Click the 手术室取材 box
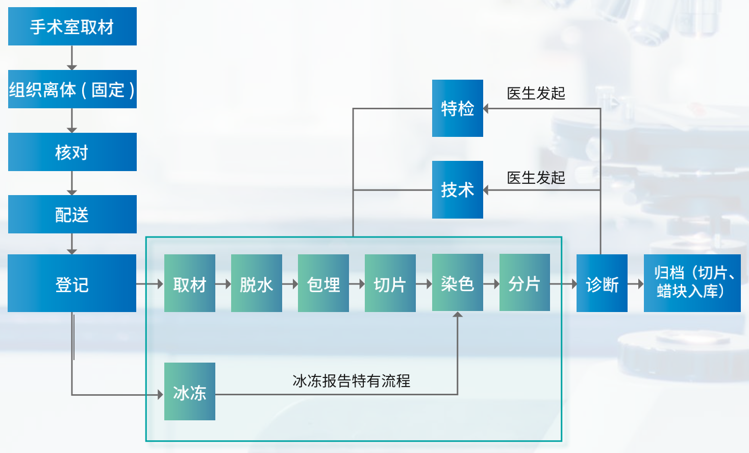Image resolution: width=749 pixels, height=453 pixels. click(72, 26)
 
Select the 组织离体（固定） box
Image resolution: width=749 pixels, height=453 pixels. click(72, 89)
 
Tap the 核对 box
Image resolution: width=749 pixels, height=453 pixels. click(72, 152)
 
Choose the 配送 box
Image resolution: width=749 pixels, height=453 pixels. click(72, 214)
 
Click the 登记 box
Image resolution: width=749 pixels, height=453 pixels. click(72, 283)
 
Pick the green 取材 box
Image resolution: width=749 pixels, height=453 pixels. click(189, 283)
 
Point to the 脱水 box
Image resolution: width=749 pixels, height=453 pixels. click(256, 283)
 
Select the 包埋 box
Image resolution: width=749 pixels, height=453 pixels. click(323, 283)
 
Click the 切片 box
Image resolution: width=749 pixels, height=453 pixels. click(390, 283)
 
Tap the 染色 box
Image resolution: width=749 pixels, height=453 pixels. click(457, 282)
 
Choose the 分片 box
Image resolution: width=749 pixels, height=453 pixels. click(525, 282)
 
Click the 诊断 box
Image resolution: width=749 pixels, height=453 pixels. click(602, 283)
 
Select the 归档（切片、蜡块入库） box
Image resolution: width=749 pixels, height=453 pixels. click(692, 283)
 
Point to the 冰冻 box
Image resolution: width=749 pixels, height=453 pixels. click(189, 391)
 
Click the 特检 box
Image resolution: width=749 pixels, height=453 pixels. click(457, 108)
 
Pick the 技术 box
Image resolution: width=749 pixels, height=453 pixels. click(457, 189)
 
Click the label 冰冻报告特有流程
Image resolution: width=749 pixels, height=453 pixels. click(351, 380)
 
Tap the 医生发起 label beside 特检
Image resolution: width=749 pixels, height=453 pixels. click(536, 93)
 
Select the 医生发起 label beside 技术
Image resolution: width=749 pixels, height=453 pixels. click(536, 177)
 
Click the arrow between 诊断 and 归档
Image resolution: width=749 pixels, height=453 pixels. click(636, 283)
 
